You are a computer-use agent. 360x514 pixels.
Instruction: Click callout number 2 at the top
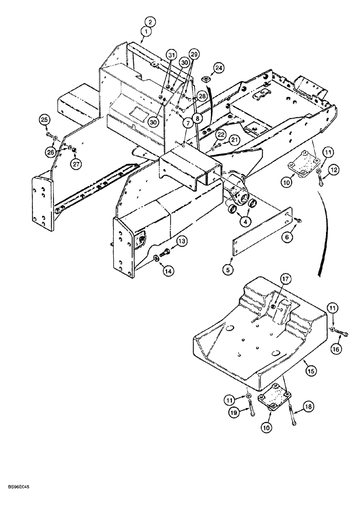click(149, 22)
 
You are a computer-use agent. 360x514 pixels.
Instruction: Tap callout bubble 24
click(219, 67)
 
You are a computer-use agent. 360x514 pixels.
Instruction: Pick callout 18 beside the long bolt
click(308, 407)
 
